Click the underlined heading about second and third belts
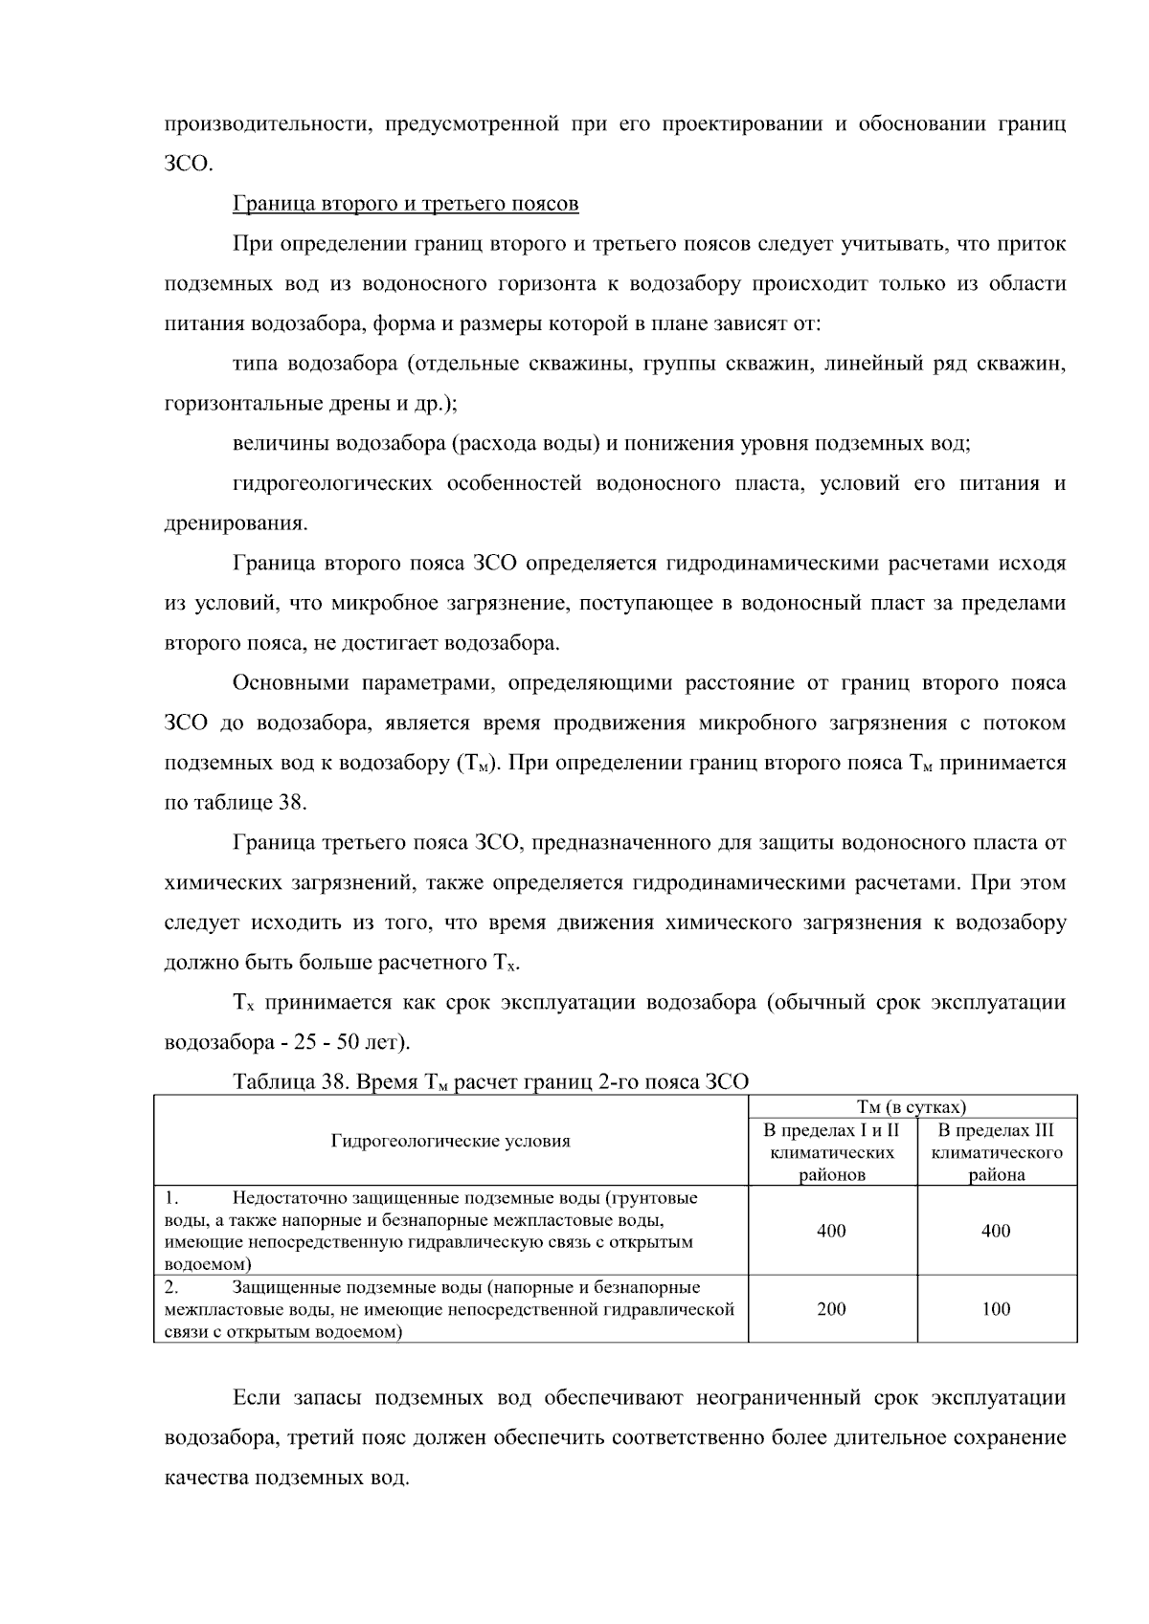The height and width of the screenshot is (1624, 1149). point(406,204)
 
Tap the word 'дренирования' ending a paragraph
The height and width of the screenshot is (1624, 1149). point(237,523)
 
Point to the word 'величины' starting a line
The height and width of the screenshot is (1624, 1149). point(279,443)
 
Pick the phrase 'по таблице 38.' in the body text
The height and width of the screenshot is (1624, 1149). point(236,802)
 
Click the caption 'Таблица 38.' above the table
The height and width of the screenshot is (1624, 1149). point(291,1082)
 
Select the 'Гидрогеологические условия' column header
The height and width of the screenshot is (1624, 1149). point(450,1141)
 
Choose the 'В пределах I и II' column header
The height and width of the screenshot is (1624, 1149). point(831,1130)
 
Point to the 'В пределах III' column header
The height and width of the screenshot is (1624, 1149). point(996,1130)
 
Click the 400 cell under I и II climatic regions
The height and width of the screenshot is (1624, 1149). point(831,1231)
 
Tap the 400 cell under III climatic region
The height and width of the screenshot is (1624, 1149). point(996,1231)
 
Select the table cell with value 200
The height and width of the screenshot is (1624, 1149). point(831,1309)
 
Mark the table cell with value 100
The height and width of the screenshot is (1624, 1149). point(996,1309)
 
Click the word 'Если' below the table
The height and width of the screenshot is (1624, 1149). point(257,1397)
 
